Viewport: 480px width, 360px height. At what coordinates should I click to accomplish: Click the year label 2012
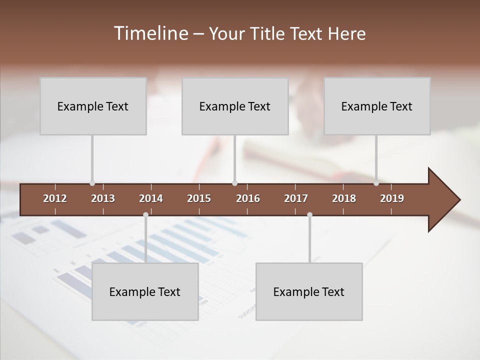point(55,198)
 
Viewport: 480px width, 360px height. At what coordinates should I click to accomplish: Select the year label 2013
point(103,198)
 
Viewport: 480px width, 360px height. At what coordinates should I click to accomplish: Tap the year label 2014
point(151,198)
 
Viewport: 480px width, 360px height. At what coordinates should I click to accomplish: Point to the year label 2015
point(199,198)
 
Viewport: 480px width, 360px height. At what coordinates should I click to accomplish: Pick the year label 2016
point(248,198)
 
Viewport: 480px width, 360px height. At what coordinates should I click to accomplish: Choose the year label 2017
point(296,198)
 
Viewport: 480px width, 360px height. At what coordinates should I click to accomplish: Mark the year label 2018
point(344,198)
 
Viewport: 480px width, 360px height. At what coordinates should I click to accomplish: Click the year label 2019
point(392,198)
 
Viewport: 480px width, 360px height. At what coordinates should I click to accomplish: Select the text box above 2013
point(93,106)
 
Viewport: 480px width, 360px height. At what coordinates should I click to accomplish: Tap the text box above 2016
point(235,106)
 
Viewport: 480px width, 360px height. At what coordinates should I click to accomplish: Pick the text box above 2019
point(377,106)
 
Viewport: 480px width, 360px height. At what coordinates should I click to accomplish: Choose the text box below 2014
point(145,291)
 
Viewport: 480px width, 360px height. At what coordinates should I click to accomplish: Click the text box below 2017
point(309,291)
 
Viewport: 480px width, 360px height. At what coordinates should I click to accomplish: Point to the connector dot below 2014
point(145,214)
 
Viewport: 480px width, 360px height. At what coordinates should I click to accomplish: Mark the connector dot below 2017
point(309,214)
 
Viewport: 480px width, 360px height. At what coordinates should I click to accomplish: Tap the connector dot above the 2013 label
point(92,183)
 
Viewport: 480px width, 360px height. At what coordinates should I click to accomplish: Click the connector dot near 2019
point(376,183)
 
